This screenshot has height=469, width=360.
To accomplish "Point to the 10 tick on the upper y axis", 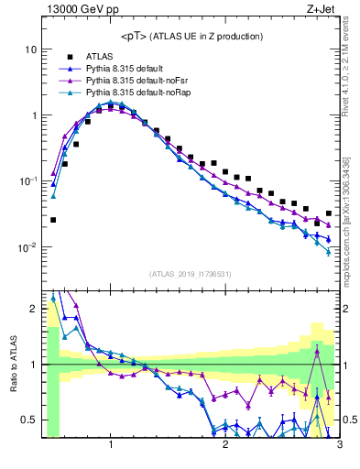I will coord(30,49).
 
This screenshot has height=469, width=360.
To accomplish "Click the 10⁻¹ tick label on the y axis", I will coord(27,181).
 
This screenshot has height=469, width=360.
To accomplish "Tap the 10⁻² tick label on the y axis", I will coord(27,247).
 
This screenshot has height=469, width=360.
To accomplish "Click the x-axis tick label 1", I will coord(111,446).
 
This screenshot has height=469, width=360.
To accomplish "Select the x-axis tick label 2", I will coord(225,446).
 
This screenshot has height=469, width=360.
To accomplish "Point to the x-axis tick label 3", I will coord(339,446).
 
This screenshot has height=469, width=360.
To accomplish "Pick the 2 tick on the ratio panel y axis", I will coord(32,309).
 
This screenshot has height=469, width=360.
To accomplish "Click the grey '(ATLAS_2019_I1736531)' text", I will coord(190,273).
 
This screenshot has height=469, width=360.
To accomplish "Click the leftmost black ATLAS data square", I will coord(53,220).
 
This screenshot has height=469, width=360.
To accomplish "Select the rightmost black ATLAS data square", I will coord(328,213).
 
